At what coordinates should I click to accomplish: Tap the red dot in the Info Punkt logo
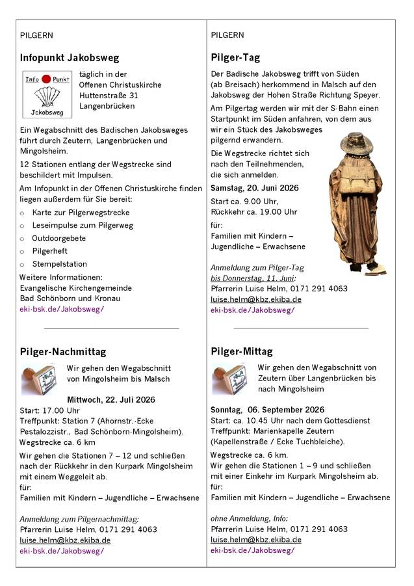46,79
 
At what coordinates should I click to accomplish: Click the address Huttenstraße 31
109,95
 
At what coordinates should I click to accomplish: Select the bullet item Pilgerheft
50,250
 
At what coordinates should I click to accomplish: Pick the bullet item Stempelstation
59,264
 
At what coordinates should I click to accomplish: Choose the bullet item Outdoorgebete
59,238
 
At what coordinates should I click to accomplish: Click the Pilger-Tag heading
236,57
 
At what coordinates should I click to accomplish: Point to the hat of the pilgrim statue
359,142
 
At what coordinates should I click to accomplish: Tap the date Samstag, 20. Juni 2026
254,188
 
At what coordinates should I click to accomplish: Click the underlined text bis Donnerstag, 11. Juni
252,278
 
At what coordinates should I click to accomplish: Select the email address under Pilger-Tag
256,299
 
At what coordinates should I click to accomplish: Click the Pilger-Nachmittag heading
63,352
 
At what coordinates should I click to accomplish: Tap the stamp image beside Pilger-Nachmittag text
38,379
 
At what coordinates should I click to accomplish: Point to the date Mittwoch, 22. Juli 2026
111,399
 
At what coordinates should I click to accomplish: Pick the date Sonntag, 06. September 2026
267,410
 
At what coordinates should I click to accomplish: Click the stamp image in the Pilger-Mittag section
229,379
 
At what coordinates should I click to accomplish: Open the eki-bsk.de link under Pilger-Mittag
253,550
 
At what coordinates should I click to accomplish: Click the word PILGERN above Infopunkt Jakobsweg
37,35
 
